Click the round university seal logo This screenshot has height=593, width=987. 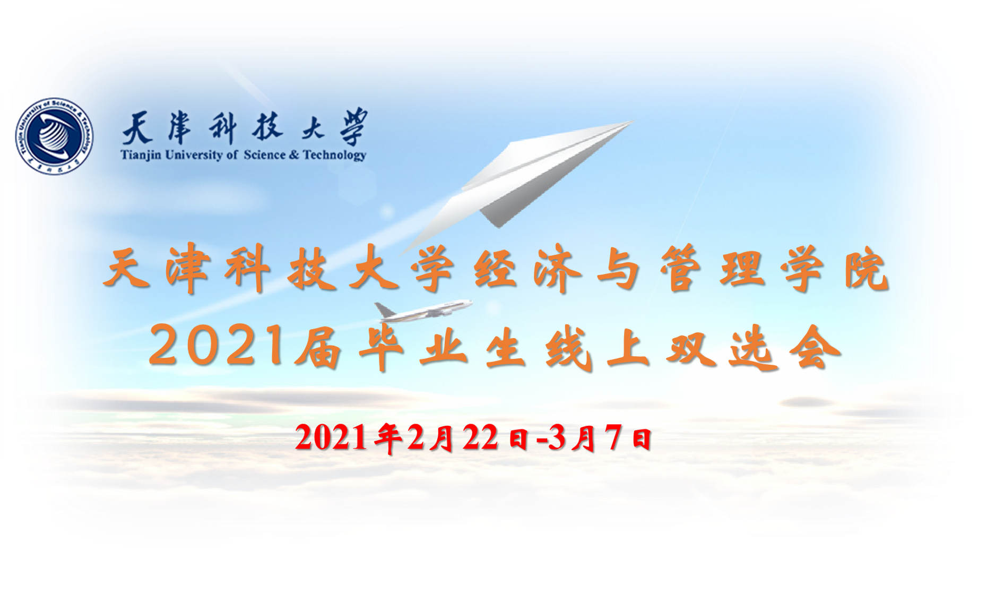tap(54, 136)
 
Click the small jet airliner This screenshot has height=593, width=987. tap(423, 312)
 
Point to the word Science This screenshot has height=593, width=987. tap(265, 155)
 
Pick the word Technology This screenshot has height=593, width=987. tap(334, 156)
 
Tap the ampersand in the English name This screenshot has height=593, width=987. tap(295, 155)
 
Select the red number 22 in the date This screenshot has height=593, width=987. tap(481, 438)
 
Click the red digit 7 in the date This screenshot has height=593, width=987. tap(613, 437)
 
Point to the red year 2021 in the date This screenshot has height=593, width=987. tap(331, 438)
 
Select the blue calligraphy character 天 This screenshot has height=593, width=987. tap(137, 128)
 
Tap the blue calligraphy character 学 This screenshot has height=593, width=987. tap(353, 127)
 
